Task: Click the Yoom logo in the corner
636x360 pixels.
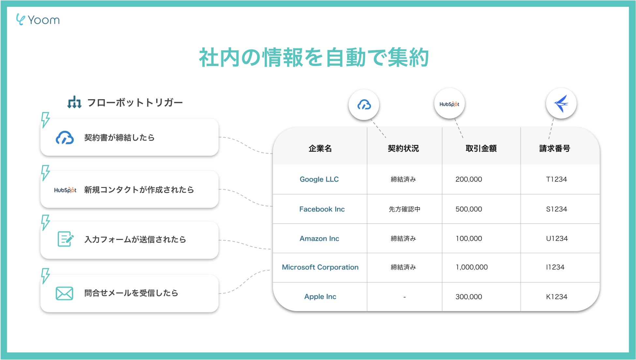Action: pyautogui.click(x=38, y=20)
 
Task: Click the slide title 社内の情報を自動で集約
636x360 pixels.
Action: pyautogui.click(x=314, y=58)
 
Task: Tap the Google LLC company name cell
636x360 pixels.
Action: pyautogui.click(x=319, y=179)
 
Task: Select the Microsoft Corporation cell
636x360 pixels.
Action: pyautogui.click(x=320, y=267)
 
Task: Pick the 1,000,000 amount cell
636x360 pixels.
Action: pyautogui.click(x=471, y=267)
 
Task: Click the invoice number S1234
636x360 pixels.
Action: pyautogui.click(x=556, y=209)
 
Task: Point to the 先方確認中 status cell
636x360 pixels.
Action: pyautogui.click(x=404, y=209)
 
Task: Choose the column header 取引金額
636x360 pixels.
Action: pyautogui.click(x=481, y=149)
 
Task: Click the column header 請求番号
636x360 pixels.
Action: pyautogui.click(x=554, y=149)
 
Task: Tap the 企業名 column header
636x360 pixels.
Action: pyautogui.click(x=320, y=149)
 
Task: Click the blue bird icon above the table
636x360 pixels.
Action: pyautogui.click(x=561, y=104)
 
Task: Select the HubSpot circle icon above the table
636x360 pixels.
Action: pyautogui.click(x=449, y=104)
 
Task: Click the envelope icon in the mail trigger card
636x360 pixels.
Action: pyautogui.click(x=64, y=293)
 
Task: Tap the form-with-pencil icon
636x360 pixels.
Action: pyautogui.click(x=65, y=239)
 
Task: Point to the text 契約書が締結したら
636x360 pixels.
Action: pyautogui.click(x=119, y=138)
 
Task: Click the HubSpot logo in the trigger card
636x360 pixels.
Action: pyautogui.click(x=65, y=190)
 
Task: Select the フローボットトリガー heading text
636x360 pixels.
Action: pyautogui.click(x=135, y=103)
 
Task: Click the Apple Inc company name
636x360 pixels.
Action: pyautogui.click(x=320, y=297)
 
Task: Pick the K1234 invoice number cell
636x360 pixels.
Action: pyautogui.click(x=556, y=297)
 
